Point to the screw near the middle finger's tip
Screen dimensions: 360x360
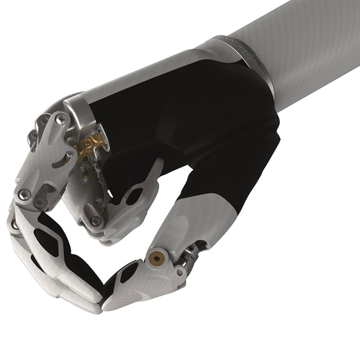(95, 220)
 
